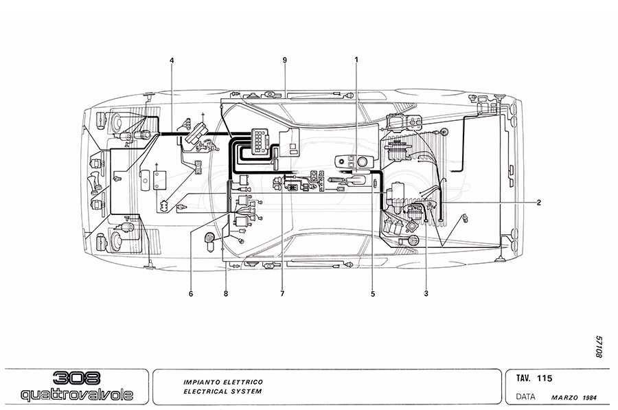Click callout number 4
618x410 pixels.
point(172,60)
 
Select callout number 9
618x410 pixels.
point(284,60)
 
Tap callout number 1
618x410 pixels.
point(356,60)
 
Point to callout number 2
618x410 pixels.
point(539,203)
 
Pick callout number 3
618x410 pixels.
point(426,294)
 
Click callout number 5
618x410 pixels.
point(374,294)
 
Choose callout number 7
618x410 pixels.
point(282,294)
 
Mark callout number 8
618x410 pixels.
point(225,294)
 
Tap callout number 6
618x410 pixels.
point(191,294)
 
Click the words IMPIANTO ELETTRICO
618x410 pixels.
point(222,381)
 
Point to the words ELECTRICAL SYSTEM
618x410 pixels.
point(222,392)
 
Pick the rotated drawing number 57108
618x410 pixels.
point(599,346)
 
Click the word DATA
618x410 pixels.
point(526,397)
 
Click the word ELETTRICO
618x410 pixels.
point(240,381)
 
